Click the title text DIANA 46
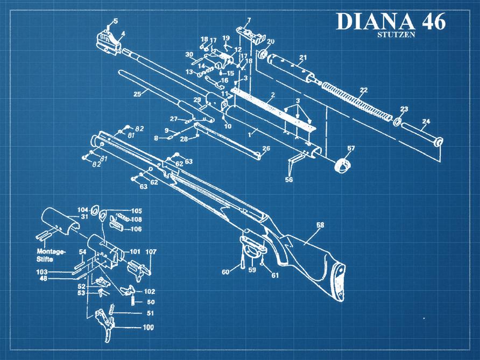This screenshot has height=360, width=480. point(390,22)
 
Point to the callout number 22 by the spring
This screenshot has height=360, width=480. point(364,90)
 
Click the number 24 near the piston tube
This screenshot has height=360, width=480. point(426,122)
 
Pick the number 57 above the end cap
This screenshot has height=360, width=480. point(351,148)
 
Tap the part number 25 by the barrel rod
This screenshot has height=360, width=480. point(137,95)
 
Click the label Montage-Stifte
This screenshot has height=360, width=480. point(51,255)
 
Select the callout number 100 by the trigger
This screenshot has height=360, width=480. point(148,327)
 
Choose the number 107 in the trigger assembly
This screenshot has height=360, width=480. point(151,251)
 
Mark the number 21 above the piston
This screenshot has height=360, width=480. point(303,58)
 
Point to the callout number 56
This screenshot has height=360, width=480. point(289,180)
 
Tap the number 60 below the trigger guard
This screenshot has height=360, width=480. point(225,272)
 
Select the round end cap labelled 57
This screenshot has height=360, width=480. point(343,165)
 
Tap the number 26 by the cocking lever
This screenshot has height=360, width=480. point(266,149)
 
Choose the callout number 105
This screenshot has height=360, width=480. point(136,210)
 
